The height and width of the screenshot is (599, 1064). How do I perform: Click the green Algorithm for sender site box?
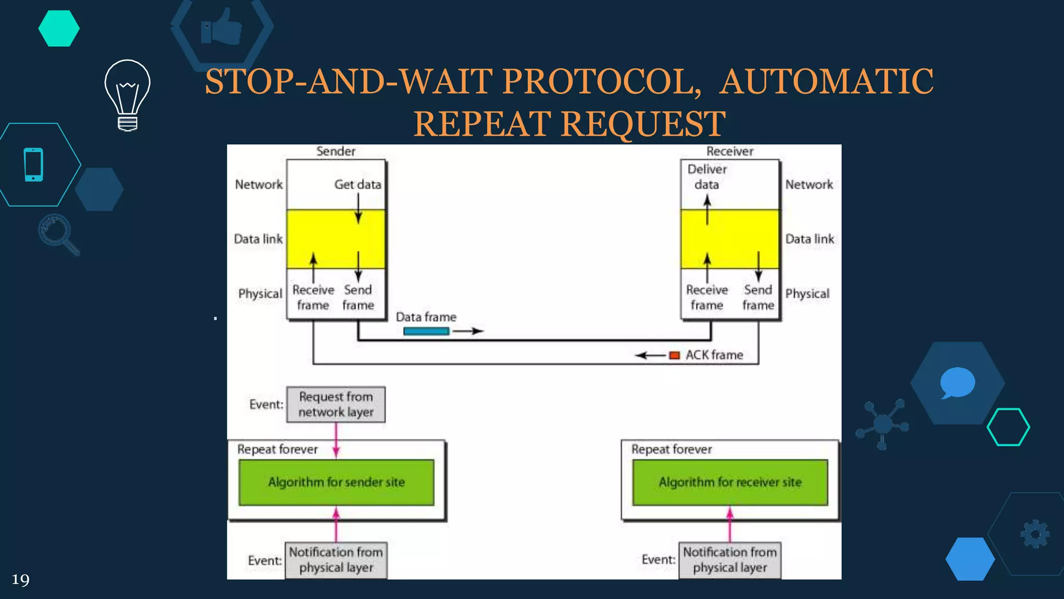point(336,482)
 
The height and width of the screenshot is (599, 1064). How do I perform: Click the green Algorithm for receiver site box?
point(730,482)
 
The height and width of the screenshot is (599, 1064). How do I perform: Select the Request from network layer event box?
point(336,405)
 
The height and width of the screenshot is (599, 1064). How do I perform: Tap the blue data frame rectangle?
point(426,331)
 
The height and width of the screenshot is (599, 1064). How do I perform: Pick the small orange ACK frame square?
point(674,356)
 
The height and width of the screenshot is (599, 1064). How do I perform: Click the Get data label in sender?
point(357,185)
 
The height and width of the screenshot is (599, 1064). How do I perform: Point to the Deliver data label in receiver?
point(707,177)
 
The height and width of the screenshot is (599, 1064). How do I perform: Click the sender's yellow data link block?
point(336,239)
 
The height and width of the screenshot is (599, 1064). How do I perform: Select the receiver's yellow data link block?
point(729,239)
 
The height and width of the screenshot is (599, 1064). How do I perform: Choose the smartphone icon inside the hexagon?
point(34,165)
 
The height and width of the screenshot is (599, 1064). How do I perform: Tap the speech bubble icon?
point(957,383)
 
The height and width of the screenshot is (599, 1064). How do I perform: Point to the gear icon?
point(1035,534)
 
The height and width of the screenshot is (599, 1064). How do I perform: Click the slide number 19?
point(20,580)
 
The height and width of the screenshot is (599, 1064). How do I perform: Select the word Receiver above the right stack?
point(729,151)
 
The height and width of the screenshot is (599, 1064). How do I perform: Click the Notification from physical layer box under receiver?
point(729,560)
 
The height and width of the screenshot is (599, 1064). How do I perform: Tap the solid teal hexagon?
point(59,29)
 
